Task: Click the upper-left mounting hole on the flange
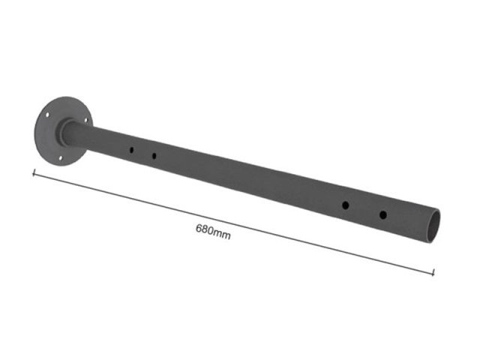click(x=47, y=115)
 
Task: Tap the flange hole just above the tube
click(x=86, y=120)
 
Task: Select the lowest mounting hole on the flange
click(x=60, y=158)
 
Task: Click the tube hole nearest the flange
click(x=131, y=150)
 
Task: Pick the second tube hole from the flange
click(x=154, y=156)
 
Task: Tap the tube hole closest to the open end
click(x=383, y=215)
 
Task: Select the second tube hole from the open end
click(x=345, y=205)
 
